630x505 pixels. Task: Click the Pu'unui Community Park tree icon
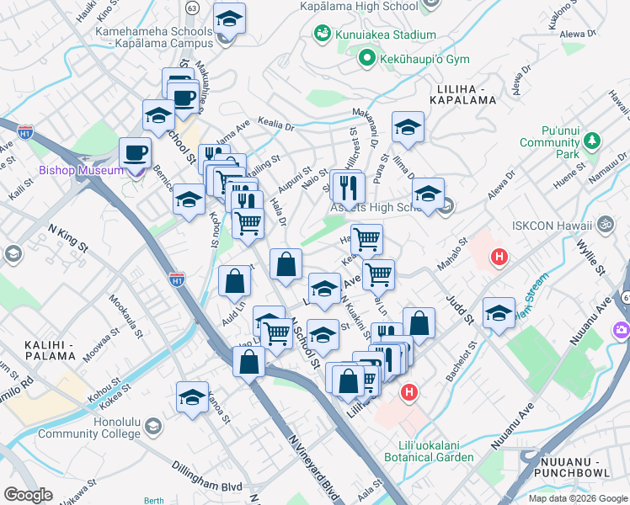pyautogui.click(x=591, y=139)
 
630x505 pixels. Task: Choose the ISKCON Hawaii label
pyautogui.click(x=550, y=226)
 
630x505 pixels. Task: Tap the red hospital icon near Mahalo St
pyautogui.click(x=499, y=257)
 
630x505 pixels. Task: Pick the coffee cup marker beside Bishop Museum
pyautogui.click(x=135, y=153)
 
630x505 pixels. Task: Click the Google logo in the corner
pyautogui.click(x=28, y=495)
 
